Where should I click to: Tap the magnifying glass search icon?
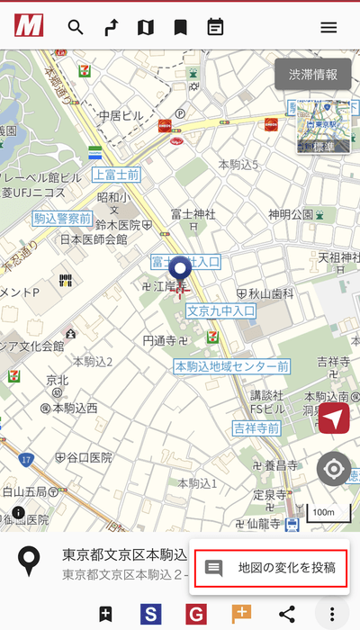coord(76,27)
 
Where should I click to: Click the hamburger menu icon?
coord(328,27)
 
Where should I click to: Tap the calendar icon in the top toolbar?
coord(215,27)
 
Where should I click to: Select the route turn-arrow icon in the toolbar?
coord(111,27)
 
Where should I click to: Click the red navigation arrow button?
coord(334,418)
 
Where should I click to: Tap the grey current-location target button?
coord(334,469)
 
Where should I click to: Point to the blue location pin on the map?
coord(182,272)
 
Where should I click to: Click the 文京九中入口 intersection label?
coord(221,310)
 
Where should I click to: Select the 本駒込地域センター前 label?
coord(231,366)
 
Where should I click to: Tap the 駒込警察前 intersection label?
coord(62,218)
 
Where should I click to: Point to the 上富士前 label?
coord(116,175)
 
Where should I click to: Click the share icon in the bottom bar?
coord(287,614)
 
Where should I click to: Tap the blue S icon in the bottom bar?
coord(151,614)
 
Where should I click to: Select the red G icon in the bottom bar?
coord(196,614)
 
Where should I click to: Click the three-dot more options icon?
coord(332,614)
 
